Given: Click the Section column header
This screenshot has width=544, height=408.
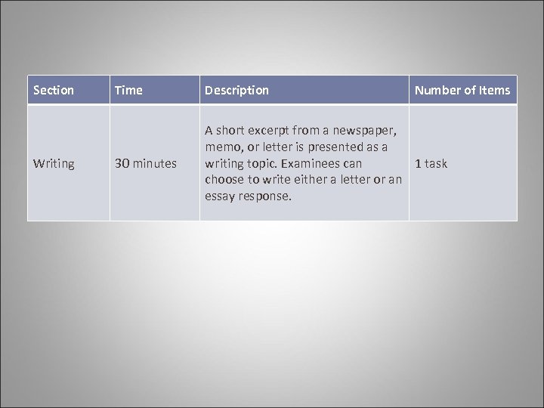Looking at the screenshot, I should coord(54,91).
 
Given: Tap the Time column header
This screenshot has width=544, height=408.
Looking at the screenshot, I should coord(128,91).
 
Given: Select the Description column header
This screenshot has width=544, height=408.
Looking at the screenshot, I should coord(236,91).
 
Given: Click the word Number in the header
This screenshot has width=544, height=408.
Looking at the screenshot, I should coord(436,91).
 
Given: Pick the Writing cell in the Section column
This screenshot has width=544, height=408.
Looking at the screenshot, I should coord(54,163).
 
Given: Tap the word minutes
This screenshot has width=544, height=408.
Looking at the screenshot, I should coord(156,163).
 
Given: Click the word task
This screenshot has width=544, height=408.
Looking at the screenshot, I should coord(436,163).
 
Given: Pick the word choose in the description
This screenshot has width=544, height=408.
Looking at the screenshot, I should coord(224,180).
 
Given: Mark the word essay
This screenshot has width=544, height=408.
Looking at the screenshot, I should coord(221,196).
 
